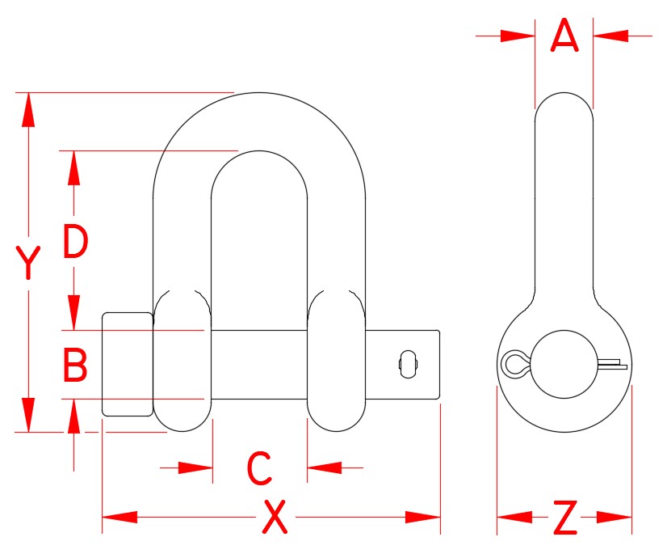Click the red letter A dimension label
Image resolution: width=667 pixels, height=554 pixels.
click(564, 36)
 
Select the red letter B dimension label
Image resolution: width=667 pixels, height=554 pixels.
click(75, 366)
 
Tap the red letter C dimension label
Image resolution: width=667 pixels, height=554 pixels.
click(258, 468)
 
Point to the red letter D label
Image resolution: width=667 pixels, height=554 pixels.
click(75, 243)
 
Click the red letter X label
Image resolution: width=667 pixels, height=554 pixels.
click(275, 518)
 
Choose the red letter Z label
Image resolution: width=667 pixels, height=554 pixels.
click(564, 518)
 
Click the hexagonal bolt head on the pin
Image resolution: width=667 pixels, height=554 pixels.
click(127, 364)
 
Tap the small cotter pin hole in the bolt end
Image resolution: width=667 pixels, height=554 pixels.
click(408, 363)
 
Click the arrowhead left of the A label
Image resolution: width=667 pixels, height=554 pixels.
click(518, 36)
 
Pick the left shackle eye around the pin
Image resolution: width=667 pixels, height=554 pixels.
click(182, 360)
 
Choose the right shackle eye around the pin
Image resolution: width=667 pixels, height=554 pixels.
click(337, 360)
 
